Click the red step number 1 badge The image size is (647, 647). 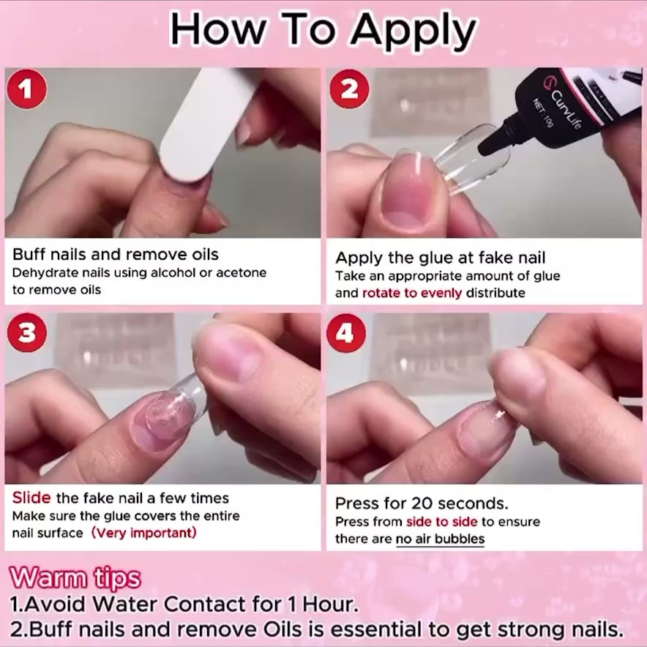(x=27, y=89)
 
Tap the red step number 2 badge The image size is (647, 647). (x=349, y=89)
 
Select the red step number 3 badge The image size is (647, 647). (x=27, y=332)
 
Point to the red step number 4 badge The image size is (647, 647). (x=345, y=332)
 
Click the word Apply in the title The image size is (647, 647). (x=413, y=31)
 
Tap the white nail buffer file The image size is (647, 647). (x=206, y=124)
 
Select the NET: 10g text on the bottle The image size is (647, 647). (x=542, y=112)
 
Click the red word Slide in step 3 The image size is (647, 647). (x=31, y=498)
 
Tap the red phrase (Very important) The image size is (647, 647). (x=143, y=533)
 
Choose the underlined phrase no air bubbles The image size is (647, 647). (x=440, y=539)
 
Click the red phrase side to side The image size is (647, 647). (x=441, y=522)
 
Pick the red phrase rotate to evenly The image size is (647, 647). (x=412, y=293)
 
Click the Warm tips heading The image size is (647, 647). (x=75, y=578)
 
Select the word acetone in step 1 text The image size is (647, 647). (x=242, y=273)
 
